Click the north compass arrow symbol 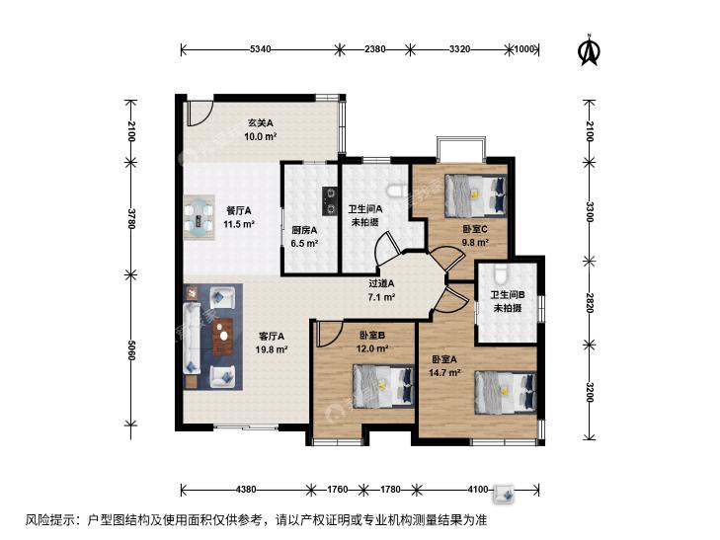pyautogui.click(x=589, y=50)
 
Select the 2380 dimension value pyautogui.click(x=374, y=48)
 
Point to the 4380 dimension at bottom pyautogui.click(x=246, y=489)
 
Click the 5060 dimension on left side pyautogui.click(x=131, y=350)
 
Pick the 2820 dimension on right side pyautogui.click(x=590, y=302)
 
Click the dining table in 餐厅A pyautogui.click(x=200, y=217)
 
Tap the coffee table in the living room pyautogui.click(x=223, y=337)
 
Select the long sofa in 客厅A pyautogui.click(x=192, y=339)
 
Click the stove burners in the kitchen pyautogui.click(x=329, y=201)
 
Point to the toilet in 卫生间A pyautogui.click(x=396, y=191)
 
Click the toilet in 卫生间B pyautogui.click(x=500, y=273)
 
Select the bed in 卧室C pyautogui.click(x=476, y=195)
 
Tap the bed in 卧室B pyautogui.click(x=383, y=385)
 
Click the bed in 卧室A pyautogui.click(x=506, y=392)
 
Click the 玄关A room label pyautogui.click(x=261, y=123)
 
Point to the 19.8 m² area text pyautogui.click(x=272, y=349)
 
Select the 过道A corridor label pyautogui.click(x=381, y=283)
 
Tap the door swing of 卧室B pyautogui.click(x=330, y=334)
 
